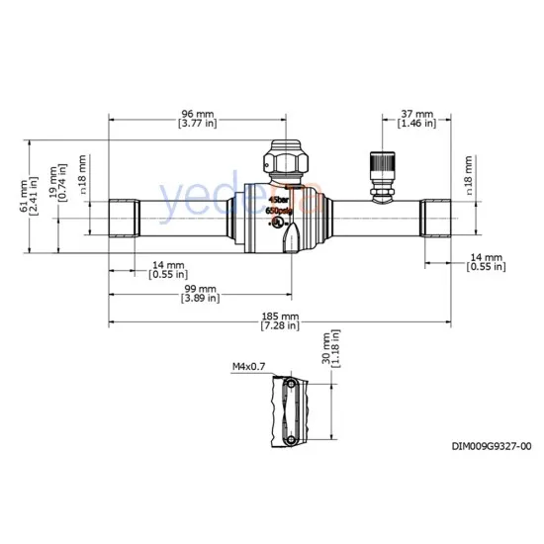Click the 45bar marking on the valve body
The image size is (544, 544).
click(278, 199)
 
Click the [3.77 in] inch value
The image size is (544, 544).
click(199, 124)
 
